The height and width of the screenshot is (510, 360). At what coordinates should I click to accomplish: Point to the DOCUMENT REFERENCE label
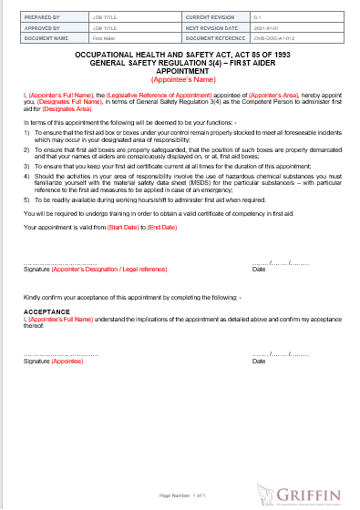(x=217, y=39)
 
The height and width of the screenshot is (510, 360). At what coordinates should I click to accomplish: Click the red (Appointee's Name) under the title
(x=180, y=79)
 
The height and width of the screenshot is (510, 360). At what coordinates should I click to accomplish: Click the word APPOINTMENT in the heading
(x=180, y=71)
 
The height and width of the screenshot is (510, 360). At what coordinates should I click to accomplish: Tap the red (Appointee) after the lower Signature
(x=67, y=361)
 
